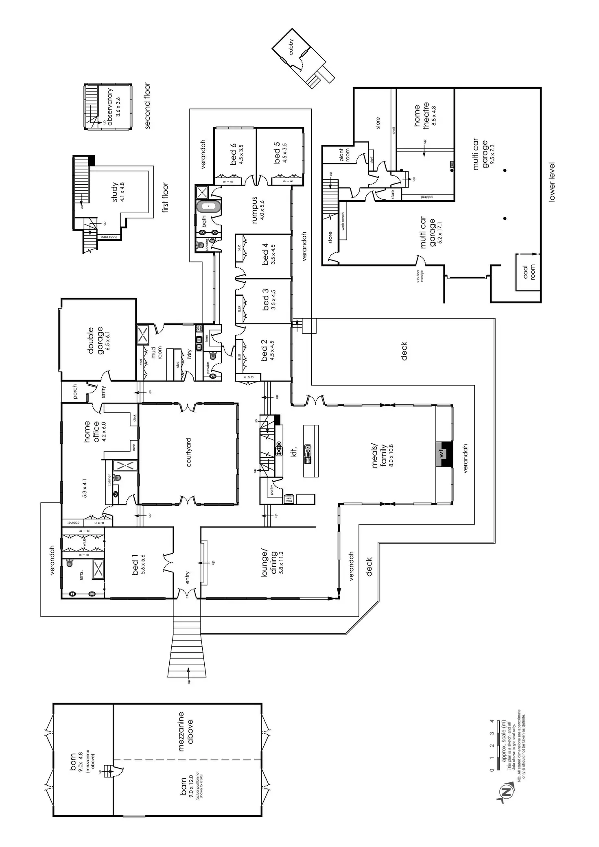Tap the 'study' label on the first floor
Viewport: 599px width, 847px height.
coord(115,192)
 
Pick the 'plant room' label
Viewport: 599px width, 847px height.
coord(344,155)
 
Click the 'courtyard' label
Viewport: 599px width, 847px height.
coord(189,452)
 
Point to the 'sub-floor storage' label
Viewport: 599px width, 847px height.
coord(419,276)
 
